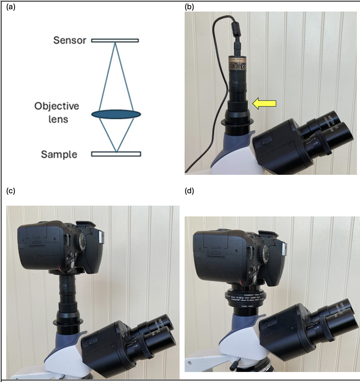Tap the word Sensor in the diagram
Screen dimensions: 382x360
coord(70,40)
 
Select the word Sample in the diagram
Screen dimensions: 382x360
coord(59,154)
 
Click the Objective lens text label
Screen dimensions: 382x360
coord(56,112)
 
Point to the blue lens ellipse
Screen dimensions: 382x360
coord(116,114)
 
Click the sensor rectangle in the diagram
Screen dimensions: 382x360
coord(115,40)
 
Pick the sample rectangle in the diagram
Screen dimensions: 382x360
coord(116,154)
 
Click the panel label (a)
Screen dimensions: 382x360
coord(11,7)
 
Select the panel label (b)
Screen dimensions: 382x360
coord(190,7)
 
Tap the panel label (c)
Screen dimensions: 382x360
coord(11,191)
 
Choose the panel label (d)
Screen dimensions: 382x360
coord(190,191)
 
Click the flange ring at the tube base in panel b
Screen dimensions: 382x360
coord(236,122)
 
